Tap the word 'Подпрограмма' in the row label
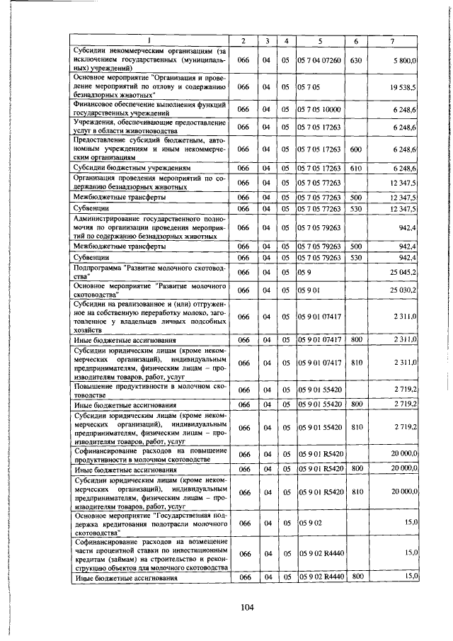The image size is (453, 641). coord(98,268)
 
